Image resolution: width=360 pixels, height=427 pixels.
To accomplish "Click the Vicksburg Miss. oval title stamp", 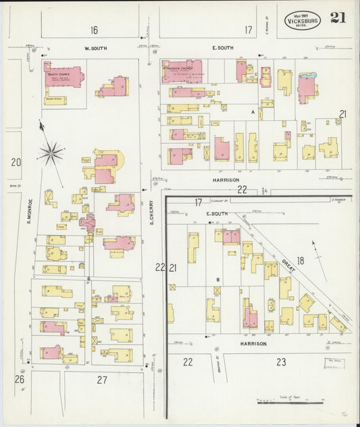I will tap(303, 20).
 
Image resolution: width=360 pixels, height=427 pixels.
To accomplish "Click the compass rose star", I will tap(51, 153).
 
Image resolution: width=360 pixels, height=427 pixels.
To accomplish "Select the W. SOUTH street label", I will tap(95, 48).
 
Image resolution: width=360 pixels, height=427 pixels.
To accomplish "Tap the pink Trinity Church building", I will tap(63, 75).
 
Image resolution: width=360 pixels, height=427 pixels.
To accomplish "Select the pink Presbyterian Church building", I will tap(182, 72).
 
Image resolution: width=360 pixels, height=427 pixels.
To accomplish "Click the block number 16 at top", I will tap(93, 30).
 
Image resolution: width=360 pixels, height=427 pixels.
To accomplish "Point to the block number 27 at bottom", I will tap(101, 380).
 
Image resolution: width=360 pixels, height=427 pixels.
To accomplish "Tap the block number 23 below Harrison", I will tap(281, 361).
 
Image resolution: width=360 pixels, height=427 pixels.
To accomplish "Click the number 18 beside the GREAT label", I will tap(301, 260).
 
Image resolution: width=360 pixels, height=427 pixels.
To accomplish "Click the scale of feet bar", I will tap(280, 402).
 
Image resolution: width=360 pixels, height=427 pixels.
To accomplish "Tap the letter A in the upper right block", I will tap(253, 111).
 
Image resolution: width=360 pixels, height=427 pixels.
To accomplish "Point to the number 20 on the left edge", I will tap(16, 161).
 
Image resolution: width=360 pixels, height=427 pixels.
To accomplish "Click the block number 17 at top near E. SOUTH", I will tap(248, 30).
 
